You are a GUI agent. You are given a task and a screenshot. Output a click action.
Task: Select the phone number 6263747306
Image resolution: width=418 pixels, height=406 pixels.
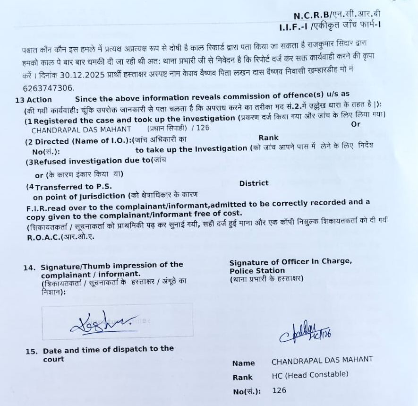point(48,88)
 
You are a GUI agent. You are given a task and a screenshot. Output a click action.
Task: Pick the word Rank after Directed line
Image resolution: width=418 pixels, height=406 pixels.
point(268,138)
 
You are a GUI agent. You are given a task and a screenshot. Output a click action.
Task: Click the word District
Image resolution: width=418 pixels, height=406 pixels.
point(254,183)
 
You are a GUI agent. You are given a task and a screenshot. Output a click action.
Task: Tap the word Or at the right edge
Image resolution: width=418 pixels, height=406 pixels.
point(356,124)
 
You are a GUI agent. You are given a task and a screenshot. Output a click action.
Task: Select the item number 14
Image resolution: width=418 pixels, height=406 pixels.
point(29,267)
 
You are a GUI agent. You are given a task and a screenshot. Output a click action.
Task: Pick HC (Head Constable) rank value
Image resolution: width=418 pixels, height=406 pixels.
point(310,374)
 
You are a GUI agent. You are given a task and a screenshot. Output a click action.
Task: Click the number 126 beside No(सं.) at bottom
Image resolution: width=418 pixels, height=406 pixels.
point(279,390)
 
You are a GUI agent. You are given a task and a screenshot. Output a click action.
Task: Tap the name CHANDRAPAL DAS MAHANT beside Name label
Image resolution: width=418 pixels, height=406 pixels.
point(322,360)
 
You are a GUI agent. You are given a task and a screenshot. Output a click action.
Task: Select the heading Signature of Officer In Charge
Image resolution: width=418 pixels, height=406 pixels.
point(290,262)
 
